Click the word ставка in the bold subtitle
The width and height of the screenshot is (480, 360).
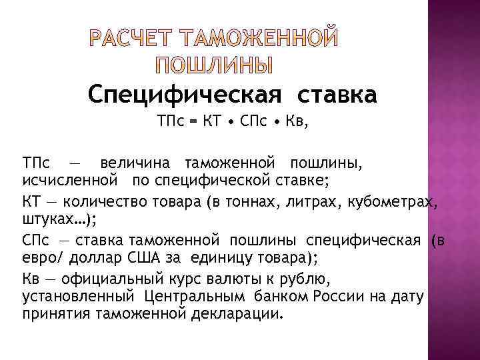coord(335,95)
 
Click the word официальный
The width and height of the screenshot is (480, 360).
coord(112,279)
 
